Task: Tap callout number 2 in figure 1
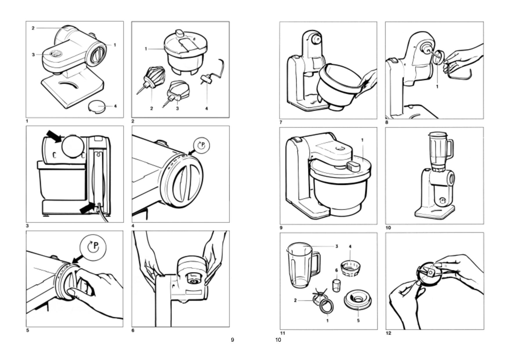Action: pyautogui.click(x=33, y=28)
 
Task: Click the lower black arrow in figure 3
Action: pyautogui.click(x=87, y=208)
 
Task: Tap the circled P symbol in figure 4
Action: pyautogui.click(x=201, y=145)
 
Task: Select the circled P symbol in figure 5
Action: pyautogui.click(x=93, y=247)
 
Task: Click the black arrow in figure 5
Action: pyautogui.click(x=77, y=259)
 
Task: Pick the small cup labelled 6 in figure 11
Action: pyautogui.click(x=336, y=286)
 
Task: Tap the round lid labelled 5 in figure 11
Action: pyautogui.click(x=357, y=300)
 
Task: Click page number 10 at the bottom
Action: pyautogui.click(x=278, y=340)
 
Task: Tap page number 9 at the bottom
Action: pyautogui.click(x=232, y=340)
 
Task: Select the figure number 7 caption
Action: pyautogui.click(x=281, y=123)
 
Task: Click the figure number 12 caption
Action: pyautogui.click(x=388, y=333)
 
